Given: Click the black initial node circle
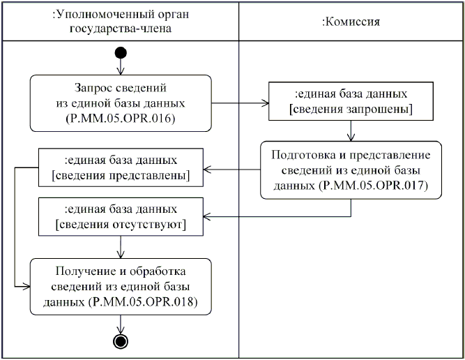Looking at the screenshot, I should [x=121, y=52].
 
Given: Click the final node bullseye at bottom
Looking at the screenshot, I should [x=121, y=340].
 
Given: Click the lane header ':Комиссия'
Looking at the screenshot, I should [x=351, y=22].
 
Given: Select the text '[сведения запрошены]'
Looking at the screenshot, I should [x=351, y=110].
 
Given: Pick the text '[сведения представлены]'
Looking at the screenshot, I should [x=121, y=175].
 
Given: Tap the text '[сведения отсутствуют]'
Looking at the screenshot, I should [x=121, y=225].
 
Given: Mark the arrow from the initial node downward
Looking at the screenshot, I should [x=121, y=67].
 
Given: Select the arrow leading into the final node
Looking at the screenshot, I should [x=121, y=325].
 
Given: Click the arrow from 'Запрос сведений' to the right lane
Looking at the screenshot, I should [x=240, y=103].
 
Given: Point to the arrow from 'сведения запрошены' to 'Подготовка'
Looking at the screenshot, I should [x=351, y=130].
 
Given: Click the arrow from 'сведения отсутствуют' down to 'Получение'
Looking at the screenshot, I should [x=121, y=246].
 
